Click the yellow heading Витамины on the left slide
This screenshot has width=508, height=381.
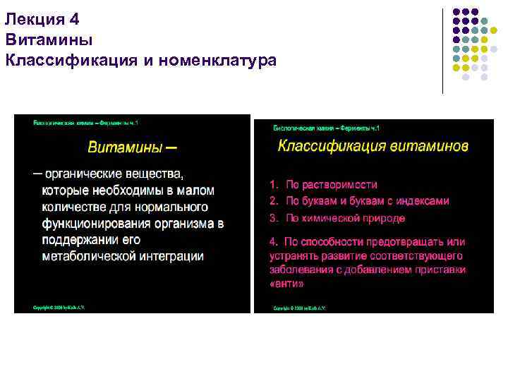coord(123,147)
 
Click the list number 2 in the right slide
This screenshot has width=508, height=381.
coord(272,201)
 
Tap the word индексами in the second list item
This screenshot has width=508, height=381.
coord(423,201)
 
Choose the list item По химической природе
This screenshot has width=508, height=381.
coord(334,218)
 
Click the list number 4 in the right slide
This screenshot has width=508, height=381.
coord(273,242)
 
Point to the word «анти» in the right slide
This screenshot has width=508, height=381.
coord(286,284)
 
